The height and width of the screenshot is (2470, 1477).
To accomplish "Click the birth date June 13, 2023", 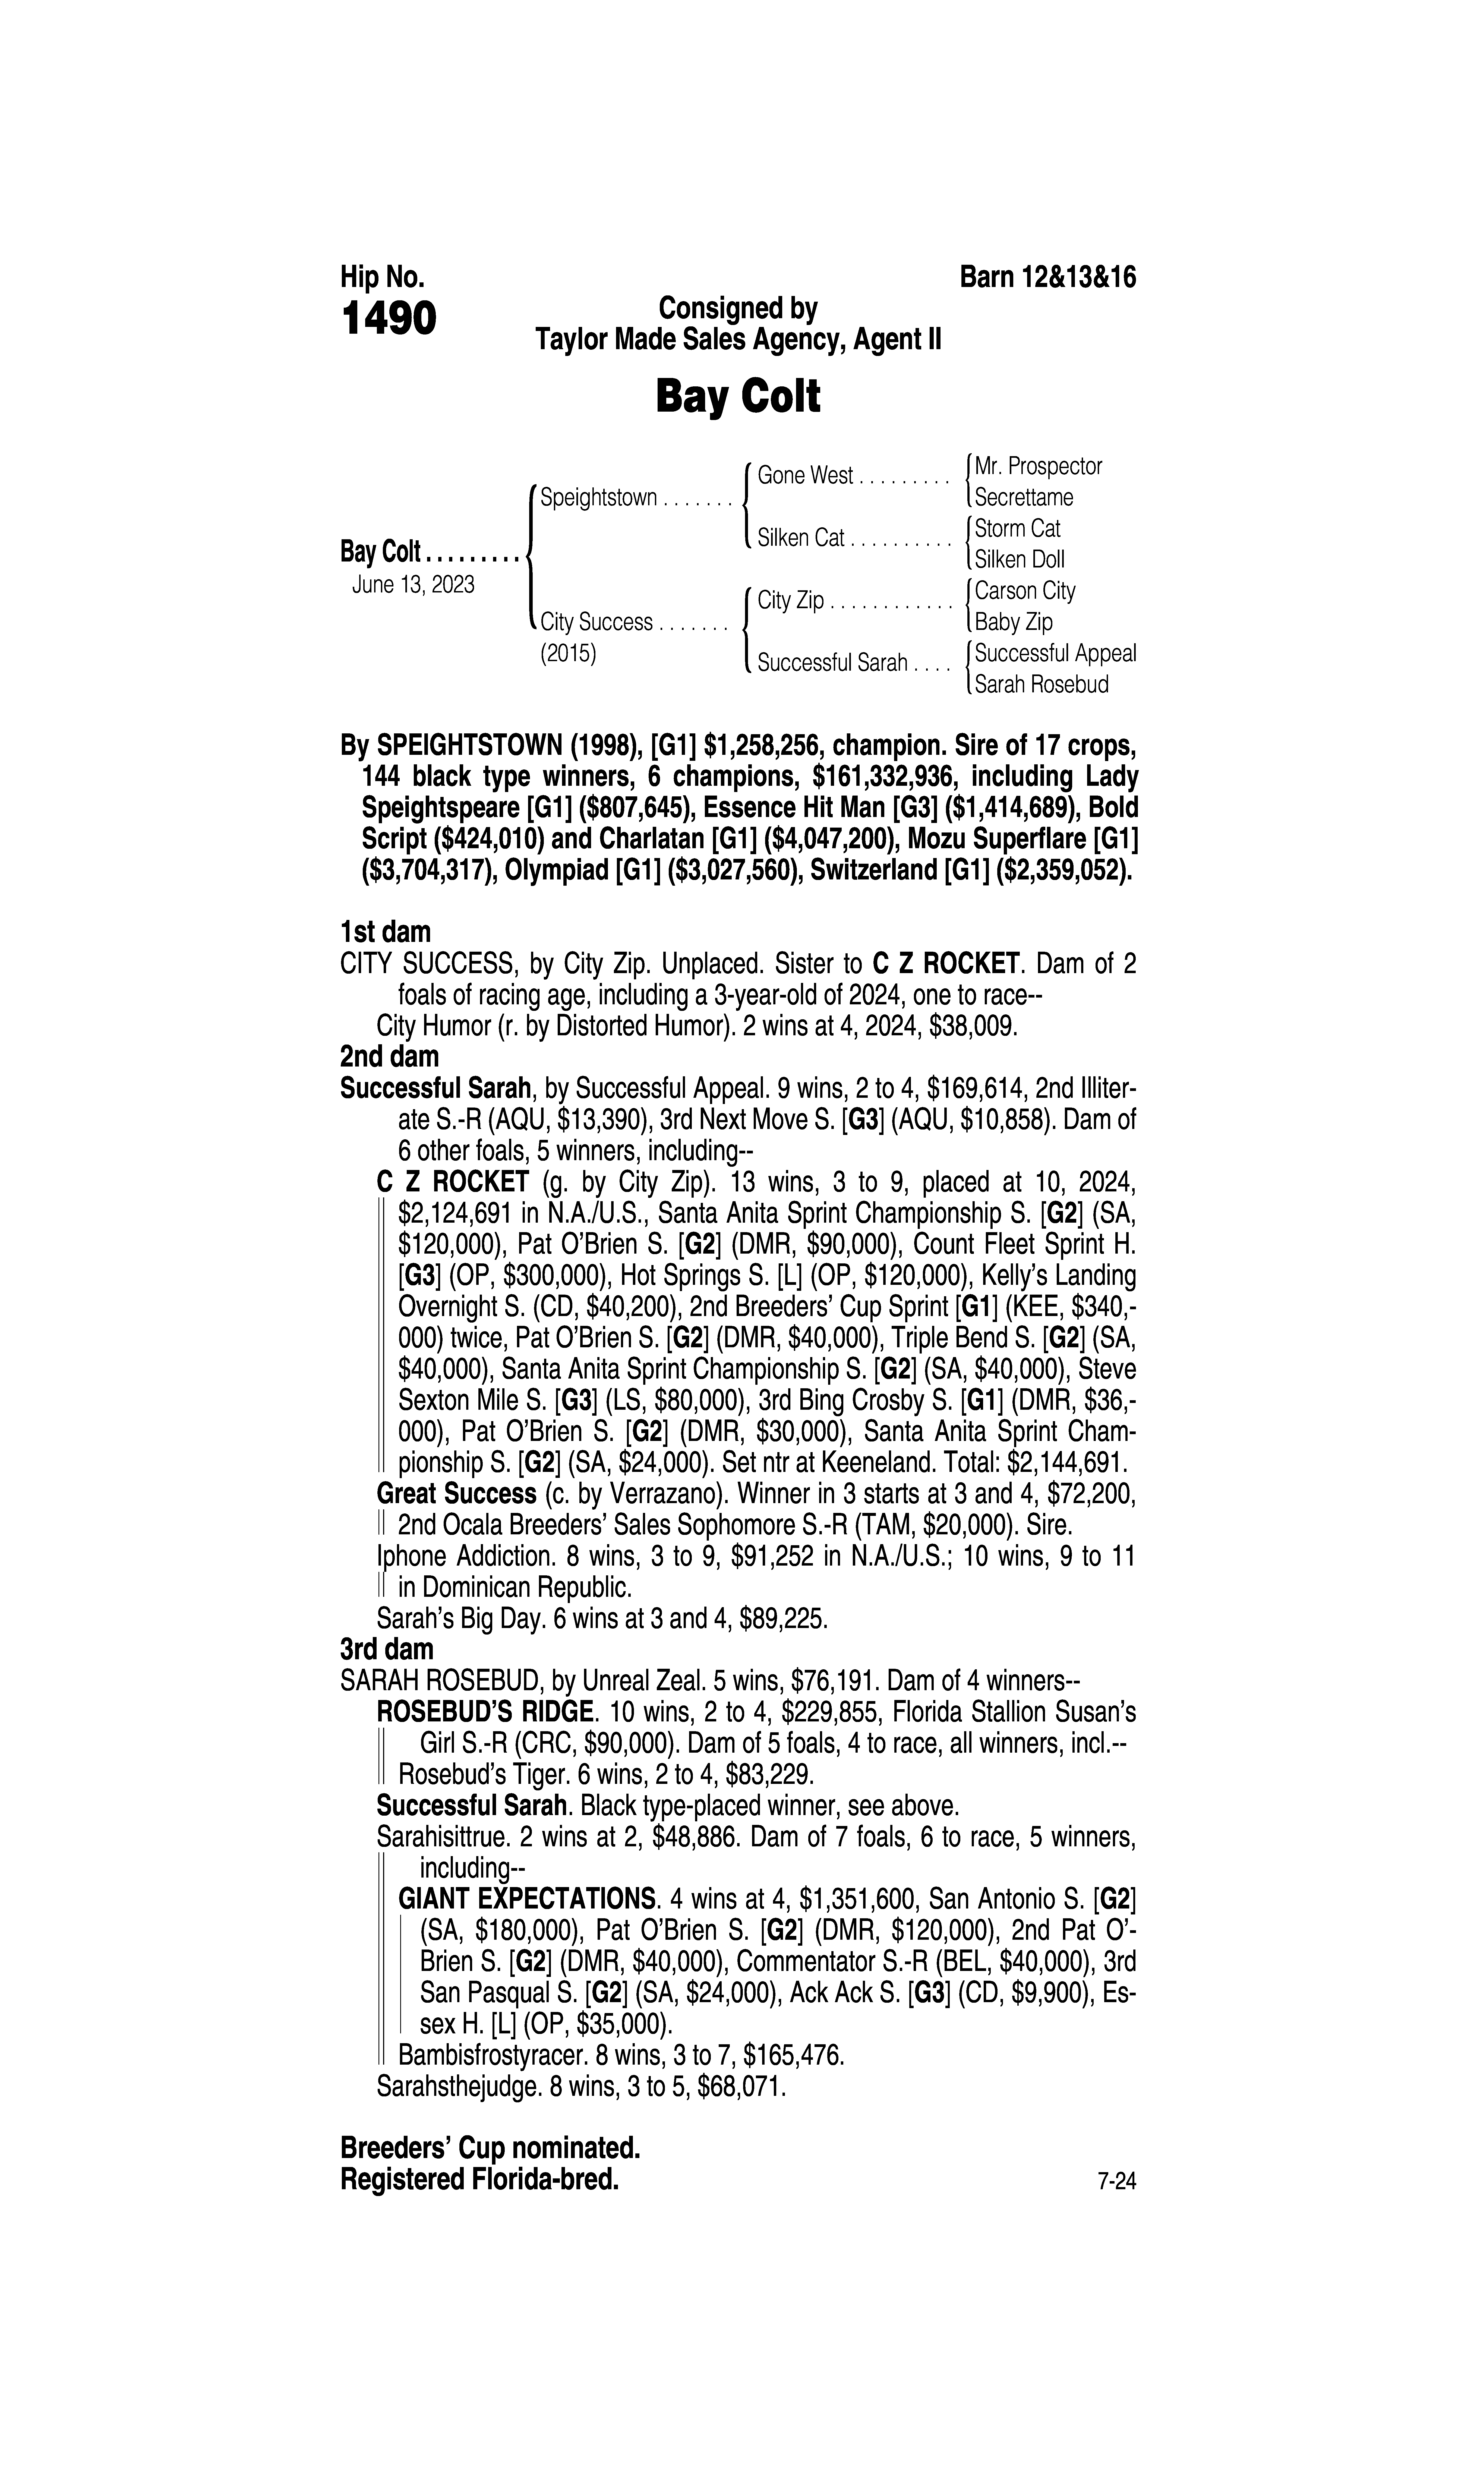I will [x=413, y=584].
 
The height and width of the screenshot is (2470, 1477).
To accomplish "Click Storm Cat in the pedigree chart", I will [x=1017, y=528].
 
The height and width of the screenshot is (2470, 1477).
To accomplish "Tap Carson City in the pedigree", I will [x=1025, y=591].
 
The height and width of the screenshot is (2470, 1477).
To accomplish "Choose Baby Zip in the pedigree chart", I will [x=1013, y=622].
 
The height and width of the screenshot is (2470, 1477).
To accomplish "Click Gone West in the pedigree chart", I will [x=805, y=476].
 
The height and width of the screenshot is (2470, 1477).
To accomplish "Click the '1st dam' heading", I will [x=385, y=932].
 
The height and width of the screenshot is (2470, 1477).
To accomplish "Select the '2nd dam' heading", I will [x=389, y=1057].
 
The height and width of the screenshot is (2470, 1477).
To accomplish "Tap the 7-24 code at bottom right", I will [x=1116, y=2182].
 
